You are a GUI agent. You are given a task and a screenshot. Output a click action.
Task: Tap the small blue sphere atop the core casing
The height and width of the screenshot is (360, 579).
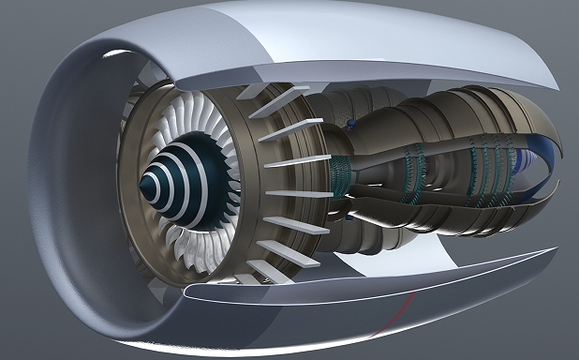(350, 123)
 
